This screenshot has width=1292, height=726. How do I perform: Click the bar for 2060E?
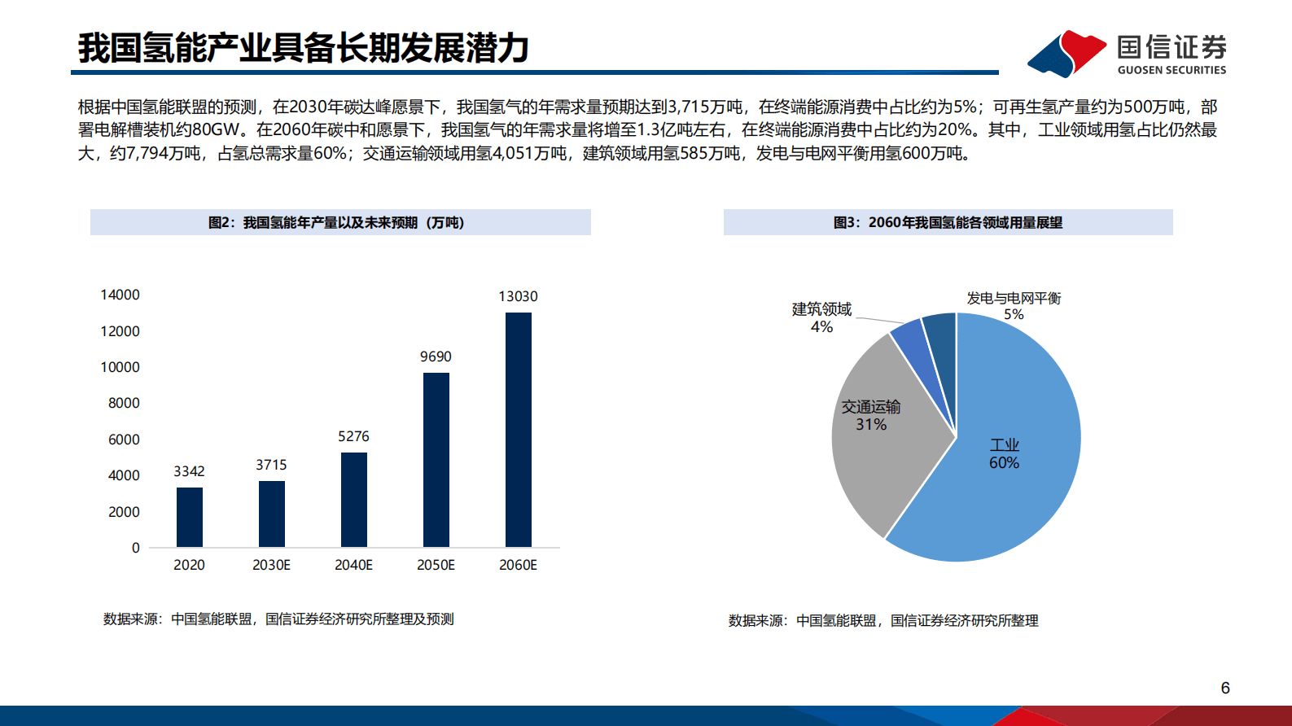click(x=518, y=429)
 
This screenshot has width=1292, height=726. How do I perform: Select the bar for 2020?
click(x=189, y=517)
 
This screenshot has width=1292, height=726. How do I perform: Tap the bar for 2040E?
click(x=353, y=499)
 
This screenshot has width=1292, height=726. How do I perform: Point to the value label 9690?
click(x=436, y=356)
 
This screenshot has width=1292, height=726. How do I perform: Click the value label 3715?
click(x=271, y=465)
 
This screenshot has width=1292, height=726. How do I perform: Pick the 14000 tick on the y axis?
click(x=120, y=295)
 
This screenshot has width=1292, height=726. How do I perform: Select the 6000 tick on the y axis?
click(x=124, y=440)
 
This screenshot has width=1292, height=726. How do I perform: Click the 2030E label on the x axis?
click(x=271, y=565)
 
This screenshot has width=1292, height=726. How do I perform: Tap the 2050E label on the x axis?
click(x=436, y=565)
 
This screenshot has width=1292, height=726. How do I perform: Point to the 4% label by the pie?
click(x=821, y=327)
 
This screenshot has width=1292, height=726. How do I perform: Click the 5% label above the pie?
click(x=1014, y=314)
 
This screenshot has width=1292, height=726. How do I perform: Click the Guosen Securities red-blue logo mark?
click(x=1066, y=53)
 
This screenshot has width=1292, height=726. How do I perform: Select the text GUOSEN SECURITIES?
click(x=1172, y=70)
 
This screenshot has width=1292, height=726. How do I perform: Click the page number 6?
click(x=1225, y=688)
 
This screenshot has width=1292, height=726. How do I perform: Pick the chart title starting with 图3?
click(x=948, y=222)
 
